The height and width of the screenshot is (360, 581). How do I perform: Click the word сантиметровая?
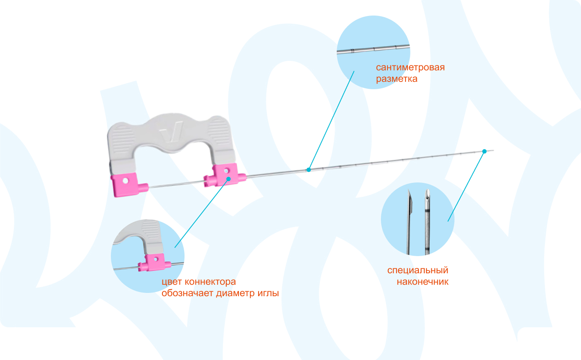coord(410,67)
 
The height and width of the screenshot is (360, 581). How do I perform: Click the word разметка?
coord(396,79)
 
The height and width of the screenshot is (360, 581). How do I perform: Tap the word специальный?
coord(417,270)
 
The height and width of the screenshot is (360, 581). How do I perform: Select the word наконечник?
coord(422,282)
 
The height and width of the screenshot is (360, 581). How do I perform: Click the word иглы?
coord(268,293)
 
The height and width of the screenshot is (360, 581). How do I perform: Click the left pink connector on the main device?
coord(124,185)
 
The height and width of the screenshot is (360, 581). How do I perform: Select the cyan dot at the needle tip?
coord(484,151)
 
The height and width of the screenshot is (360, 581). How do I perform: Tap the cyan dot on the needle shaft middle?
coord(309,169)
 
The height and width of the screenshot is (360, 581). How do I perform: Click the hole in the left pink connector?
coord(126,180)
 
